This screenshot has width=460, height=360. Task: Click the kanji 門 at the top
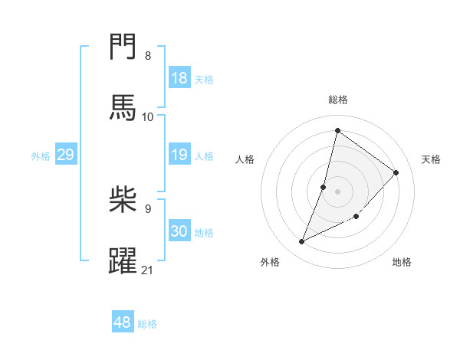123,47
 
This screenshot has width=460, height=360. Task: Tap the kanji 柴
123,198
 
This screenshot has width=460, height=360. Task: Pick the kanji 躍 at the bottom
123,259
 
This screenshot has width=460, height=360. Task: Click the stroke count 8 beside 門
148,56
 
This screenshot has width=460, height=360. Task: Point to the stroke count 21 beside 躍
148,270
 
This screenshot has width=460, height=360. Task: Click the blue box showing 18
179,78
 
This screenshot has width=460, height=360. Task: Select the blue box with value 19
179,155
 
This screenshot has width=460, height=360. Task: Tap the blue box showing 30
179,231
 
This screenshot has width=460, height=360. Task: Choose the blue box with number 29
65,155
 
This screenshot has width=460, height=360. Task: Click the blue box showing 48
123,322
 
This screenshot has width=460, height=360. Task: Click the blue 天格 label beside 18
204,79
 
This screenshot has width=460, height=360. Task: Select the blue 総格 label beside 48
147,323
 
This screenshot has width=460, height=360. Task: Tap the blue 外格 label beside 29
41,155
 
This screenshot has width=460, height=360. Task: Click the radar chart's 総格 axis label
338,100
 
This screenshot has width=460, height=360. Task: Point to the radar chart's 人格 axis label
245,159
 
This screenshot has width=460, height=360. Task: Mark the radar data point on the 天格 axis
396,172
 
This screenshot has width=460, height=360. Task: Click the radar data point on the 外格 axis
302,242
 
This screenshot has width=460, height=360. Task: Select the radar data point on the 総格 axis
337,130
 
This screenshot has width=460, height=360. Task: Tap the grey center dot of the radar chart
337,191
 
